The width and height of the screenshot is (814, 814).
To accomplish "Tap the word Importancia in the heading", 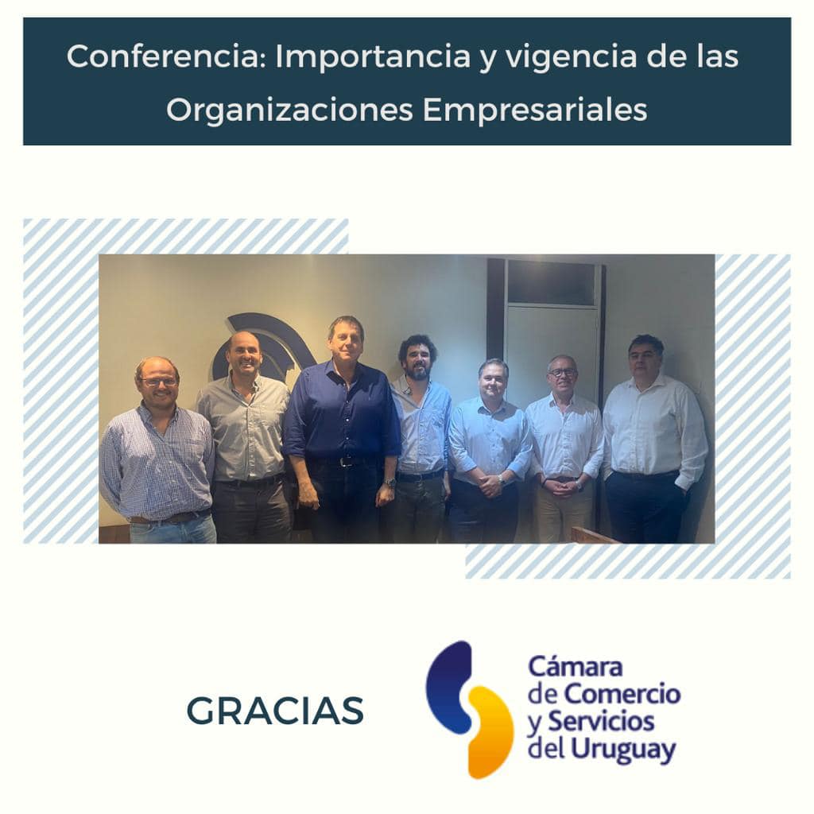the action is [372, 56].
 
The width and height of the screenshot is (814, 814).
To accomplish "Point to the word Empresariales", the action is [535, 110].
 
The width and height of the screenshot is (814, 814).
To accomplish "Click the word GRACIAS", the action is [274, 711].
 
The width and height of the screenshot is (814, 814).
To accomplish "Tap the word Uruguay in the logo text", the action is [623, 750].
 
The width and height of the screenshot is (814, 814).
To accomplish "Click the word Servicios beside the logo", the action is [601, 721].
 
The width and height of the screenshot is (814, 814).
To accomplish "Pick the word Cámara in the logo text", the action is [576, 666].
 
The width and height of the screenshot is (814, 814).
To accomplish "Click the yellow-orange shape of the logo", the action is [489, 732].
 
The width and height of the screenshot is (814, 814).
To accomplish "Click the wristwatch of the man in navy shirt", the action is [390, 483].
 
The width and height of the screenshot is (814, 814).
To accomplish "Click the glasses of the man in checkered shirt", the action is [158, 382].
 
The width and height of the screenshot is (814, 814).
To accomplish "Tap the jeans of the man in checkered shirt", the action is [172, 529].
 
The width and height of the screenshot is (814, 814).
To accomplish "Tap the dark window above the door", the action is [553, 282].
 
